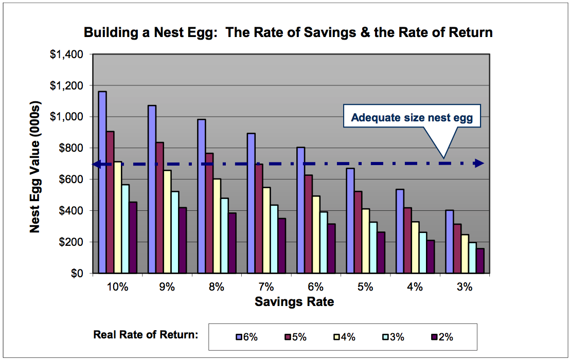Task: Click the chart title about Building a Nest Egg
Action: point(288,33)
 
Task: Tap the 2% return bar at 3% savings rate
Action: point(480,261)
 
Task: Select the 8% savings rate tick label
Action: point(217,287)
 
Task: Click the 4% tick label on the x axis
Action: point(415,287)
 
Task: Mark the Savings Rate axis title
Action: point(294,302)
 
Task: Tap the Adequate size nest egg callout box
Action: point(415,118)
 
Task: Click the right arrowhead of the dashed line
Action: point(479,164)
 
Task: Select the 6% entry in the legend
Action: point(247,337)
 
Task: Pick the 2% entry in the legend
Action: point(442,337)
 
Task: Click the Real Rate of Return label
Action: point(146,335)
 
